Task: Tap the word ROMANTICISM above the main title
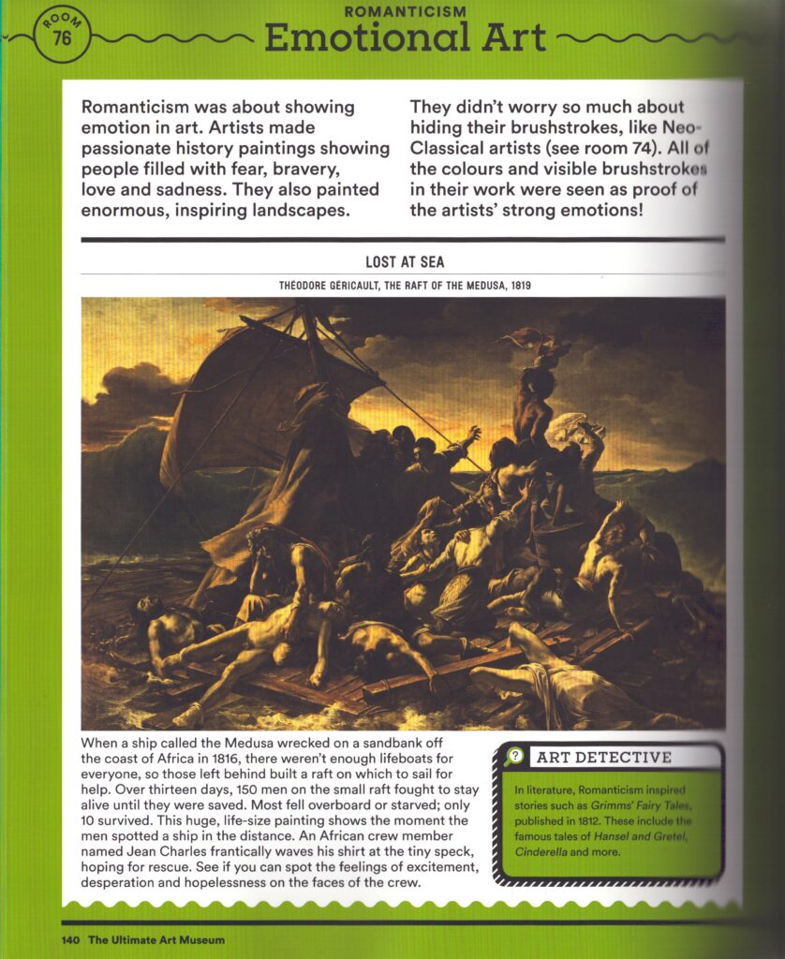(404, 12)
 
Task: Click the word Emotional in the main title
(352, 38)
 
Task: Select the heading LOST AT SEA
(404, 263)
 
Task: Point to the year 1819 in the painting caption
(519, 285)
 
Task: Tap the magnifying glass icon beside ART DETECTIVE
(513, 757)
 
